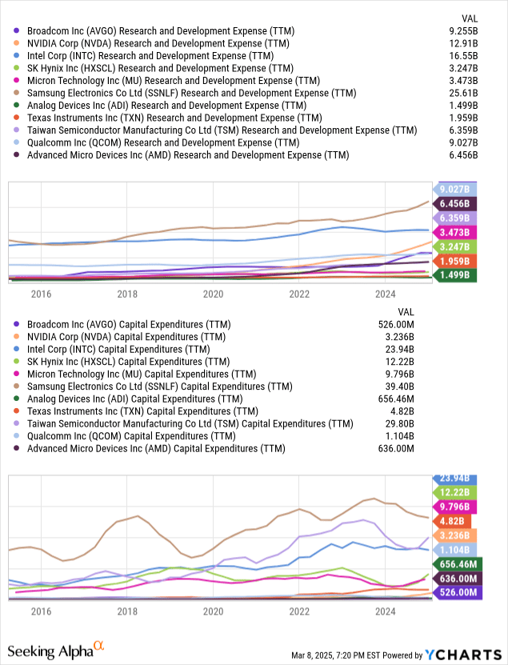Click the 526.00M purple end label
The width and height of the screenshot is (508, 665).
(x=455, y=594)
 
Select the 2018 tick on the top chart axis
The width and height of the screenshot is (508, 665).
(x=126, y=294)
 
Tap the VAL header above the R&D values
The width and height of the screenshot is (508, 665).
(x=471, y=18)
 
